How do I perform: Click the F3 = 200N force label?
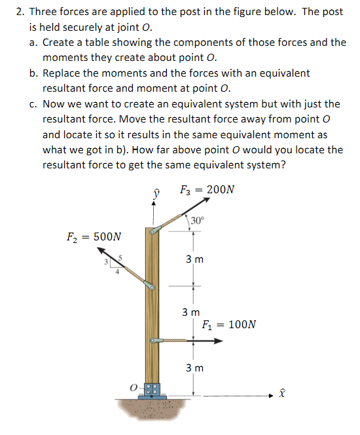coord(207,190)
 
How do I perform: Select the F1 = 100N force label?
coord(229,324)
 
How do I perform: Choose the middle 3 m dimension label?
coord(192,312)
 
